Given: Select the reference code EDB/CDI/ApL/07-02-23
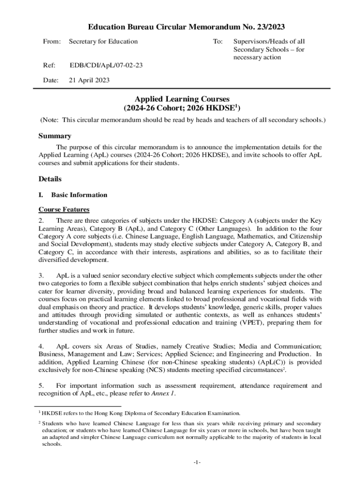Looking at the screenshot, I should click(106, 65).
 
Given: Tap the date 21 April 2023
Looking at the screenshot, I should click(89, 80).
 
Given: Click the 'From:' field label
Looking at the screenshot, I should click(52, 42).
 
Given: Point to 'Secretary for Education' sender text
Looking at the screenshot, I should click(103, 42).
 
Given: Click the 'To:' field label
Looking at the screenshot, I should click(217, 42).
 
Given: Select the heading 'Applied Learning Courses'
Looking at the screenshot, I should click(182, 99).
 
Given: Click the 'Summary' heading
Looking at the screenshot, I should click(54, 136).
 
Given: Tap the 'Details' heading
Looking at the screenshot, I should click(50, 179).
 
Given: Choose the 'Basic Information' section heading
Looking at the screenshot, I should click(79, 195).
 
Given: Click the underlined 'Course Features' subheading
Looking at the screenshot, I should click(64, 209).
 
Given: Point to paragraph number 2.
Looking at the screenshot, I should click(41, 220).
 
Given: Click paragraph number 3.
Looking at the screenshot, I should click(41, 276).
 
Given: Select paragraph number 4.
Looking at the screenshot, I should click(41, 347).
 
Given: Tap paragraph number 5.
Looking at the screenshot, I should click(41, 386).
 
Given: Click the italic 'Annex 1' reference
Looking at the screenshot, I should click(164, 394).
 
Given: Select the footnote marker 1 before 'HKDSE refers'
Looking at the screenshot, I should click(40, 412).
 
